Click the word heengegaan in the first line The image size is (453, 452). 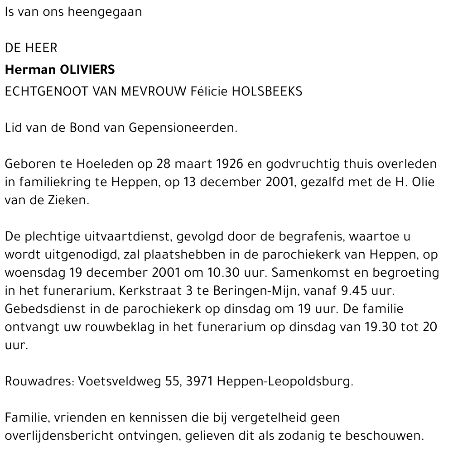pos(104,12)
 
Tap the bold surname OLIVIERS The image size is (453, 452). pos(87,70)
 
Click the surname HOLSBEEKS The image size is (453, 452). pos(267,91)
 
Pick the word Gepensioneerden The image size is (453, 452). pos(183,128)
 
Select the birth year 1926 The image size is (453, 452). pos(217,164)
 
